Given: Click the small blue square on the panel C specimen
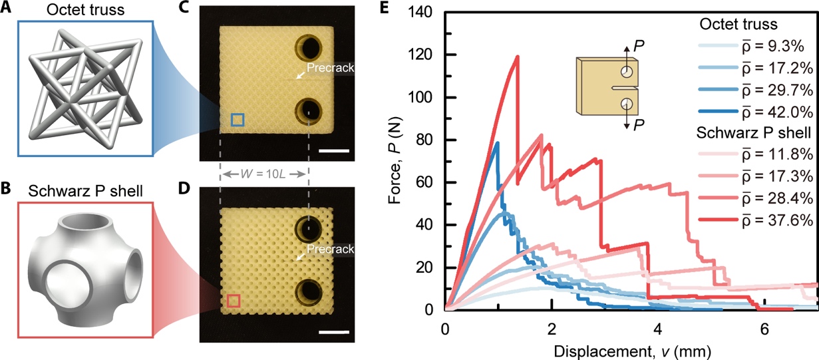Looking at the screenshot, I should [238, 120].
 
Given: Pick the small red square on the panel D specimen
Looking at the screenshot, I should [233, 301].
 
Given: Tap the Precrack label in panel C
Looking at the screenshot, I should [331, 69].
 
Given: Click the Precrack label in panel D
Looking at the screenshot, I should [331, 250].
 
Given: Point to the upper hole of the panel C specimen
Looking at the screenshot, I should [309, 48].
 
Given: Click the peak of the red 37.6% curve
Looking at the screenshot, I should [518, 57].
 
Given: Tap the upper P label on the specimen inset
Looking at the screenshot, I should [639, 45].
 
